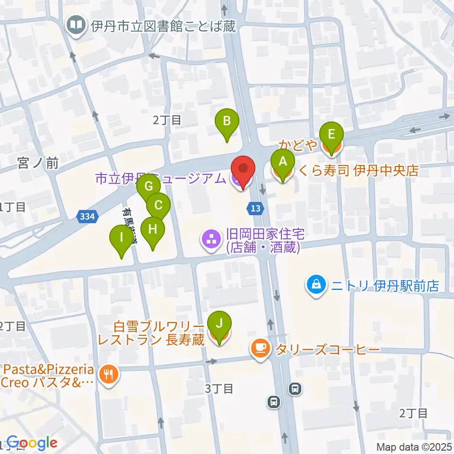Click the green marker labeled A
click(x=282, y=162)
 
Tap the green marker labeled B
click(x=227, y=121)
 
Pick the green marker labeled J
click(x=219, y=324)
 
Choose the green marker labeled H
click(x=152, y=230)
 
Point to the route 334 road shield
click(x=87, y=217)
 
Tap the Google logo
click(x=32, y=443)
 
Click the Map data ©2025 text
click(x=413, y=447)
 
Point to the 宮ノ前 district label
click(x=38, y=164)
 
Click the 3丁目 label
click(x=219, y=389)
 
